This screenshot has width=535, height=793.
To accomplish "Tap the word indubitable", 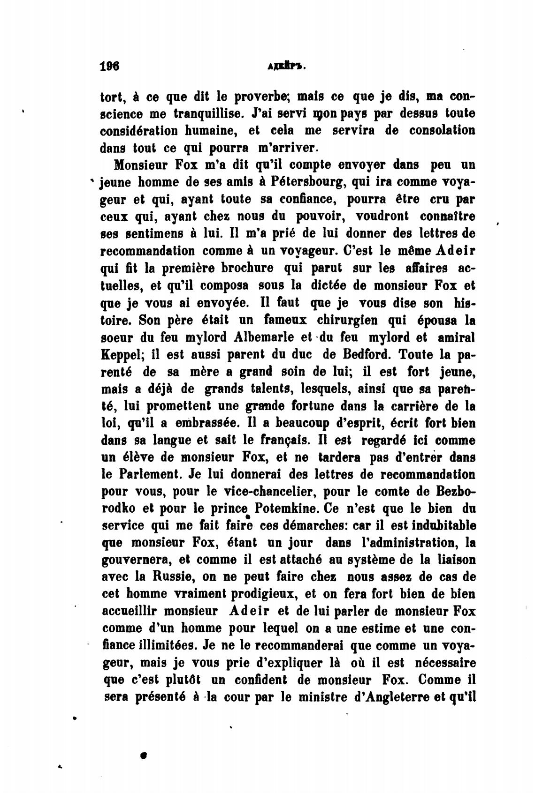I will pos(428,526).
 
